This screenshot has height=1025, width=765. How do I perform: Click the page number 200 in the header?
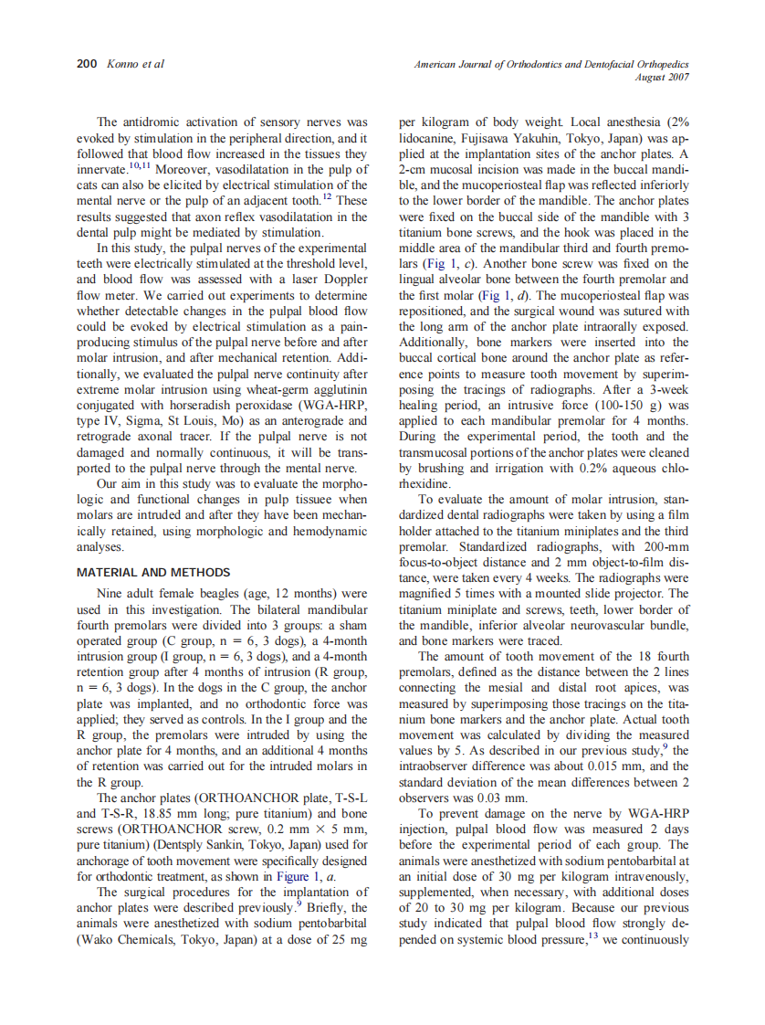pyautogui.click(x=86, y=65)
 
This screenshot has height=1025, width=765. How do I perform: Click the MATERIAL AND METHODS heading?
pyautogui.click(x=153, y=573)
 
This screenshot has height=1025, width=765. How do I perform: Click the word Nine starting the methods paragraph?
pyautogui.click(x=110, y=595)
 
